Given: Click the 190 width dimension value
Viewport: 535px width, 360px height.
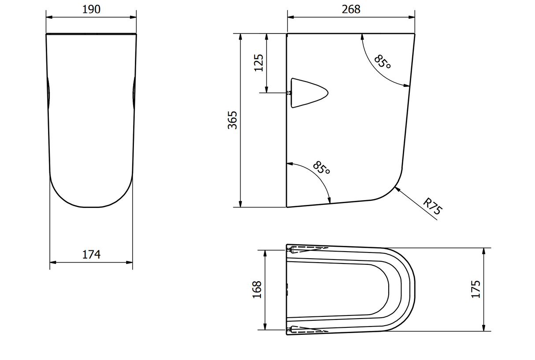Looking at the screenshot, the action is tap(91, 9).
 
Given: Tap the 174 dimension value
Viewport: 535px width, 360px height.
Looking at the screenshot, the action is tap(91, 254).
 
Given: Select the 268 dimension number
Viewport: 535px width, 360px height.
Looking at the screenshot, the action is tap(351, 9).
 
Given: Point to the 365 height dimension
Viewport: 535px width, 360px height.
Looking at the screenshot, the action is tap(232, 120).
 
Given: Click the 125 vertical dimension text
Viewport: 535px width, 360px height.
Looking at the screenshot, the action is tap(259, 63).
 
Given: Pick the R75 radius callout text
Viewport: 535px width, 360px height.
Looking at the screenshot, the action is tap(433, 206).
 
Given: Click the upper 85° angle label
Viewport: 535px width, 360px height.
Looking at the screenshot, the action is tap(382, 62).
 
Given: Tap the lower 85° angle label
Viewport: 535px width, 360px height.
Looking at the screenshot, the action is tap(321, 168).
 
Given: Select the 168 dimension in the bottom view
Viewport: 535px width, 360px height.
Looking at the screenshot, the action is tap(257, 290).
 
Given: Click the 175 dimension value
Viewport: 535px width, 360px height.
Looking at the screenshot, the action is tap(476, 289).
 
